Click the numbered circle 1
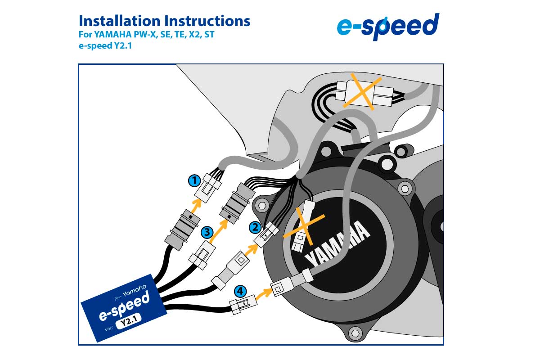[x=194, y=181]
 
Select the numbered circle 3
[x=207, y=232]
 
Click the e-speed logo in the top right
[x=387, y=26]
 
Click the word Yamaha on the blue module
[x=135, y=292]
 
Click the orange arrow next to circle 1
[x=196, y=205]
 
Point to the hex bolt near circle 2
[x=261, y=206]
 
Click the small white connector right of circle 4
[x=242, y=306]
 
